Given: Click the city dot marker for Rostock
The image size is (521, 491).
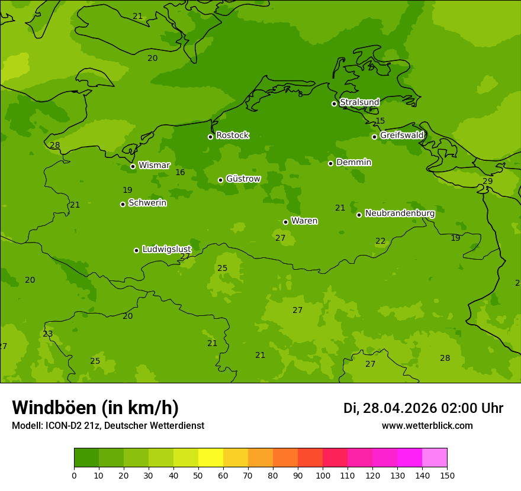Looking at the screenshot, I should pyautogui.click(x=210, y=137).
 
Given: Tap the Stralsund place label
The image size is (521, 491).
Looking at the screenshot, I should pyautogui.click(x=359, y=102).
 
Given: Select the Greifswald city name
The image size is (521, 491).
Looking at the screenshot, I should pyautogui.click(x=401, y=135).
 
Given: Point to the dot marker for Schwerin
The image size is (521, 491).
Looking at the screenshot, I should pyautogui.click(x=123, y=204).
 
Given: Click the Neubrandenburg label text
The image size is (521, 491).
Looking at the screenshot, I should pyautogui.click(x=400, y=214).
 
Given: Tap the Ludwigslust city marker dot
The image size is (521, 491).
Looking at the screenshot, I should pyautogui.click(x=136, y=250).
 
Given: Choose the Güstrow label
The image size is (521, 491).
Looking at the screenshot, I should pyautogui.click(x=243, y=179).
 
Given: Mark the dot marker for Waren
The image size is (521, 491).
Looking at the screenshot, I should pyautogui.click(x=285, y=222).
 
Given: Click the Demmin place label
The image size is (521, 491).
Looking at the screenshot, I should pyautogui.click(x=353, y=162).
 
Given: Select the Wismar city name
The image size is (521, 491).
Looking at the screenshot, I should pyautogui.click(x=154, y=165).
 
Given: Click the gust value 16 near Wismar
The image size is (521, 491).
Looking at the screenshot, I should pyautogui.click(x=180, y=173).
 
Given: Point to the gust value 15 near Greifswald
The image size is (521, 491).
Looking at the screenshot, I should pyautogui.click(x=380, y=121).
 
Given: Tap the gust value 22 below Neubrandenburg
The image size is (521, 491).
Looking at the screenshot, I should pyautogui.click(x=380, y=241).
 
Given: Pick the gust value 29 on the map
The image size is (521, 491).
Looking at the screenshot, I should pyautogui.click(x=487, y=182).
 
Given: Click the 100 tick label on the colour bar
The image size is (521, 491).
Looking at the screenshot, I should pyautogui.click(x=323, y=475).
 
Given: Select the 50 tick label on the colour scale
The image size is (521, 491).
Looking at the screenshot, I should pyautogui.click(x=198, y=475).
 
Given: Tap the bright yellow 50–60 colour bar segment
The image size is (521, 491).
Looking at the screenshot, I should pyautogui.click(x=211, y=458).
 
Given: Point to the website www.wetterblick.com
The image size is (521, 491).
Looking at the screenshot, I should pyautogui.click(x=427, y=426).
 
